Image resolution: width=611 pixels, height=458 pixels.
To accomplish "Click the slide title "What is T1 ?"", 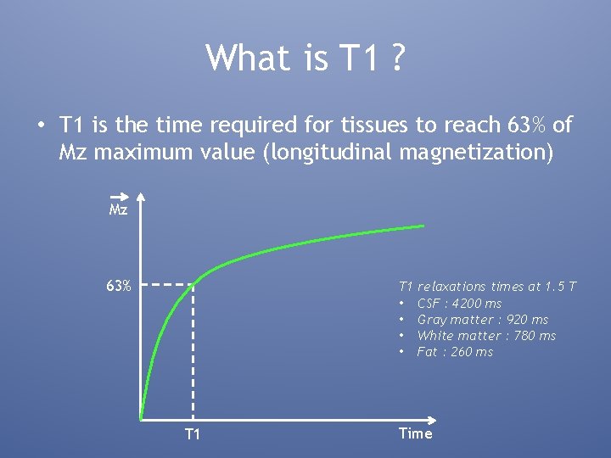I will click(x=305, y=58).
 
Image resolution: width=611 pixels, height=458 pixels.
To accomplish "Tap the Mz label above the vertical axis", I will click(x=118, y=209).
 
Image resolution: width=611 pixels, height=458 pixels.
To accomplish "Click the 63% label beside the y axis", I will click(x=118, y=286).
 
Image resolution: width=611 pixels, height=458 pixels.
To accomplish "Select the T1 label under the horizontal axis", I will click(x=193, y=434).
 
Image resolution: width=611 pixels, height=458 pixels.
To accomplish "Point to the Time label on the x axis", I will click(x=415, y=433).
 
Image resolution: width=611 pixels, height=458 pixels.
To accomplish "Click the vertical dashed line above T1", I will click(x=193, y=356).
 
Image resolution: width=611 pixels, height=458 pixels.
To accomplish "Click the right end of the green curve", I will click(x=423, y=226).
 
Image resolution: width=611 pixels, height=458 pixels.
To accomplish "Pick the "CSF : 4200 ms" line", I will click(x=459, y=304).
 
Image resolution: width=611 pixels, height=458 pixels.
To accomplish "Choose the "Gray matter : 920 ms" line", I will click(x=482, y=320).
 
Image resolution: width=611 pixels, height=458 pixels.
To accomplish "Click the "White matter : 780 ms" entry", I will click(x=486, y=336).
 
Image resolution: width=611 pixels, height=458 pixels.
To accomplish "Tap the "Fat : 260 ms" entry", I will click(x=455, y=352).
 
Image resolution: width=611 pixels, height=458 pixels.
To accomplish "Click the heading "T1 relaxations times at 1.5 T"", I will click(x=487, y=287).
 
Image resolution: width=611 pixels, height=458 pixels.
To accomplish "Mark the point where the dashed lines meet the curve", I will click(x=194, y=285).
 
